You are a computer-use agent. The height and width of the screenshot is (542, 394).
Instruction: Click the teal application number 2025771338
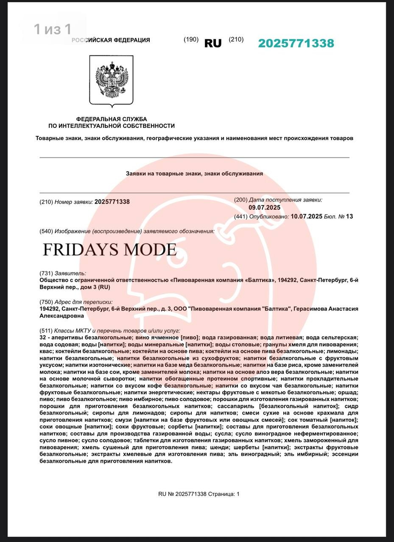296,43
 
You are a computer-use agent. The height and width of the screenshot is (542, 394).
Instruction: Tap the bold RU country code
213,43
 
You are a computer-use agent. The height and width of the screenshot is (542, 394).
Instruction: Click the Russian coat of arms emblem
111,80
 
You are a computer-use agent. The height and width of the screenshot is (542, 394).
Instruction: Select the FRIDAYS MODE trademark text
109,249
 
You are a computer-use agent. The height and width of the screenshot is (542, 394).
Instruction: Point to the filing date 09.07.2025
264,207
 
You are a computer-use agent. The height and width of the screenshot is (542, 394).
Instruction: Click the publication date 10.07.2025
306,216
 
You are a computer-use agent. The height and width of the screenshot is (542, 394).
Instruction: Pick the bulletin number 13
349,216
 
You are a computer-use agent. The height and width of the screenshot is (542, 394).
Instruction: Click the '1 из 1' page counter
53,29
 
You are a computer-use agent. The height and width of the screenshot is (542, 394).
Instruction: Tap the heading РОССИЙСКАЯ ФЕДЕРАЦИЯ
111,40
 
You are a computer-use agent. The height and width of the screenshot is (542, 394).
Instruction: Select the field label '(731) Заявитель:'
62,274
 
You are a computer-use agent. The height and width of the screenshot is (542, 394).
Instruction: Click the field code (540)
46,231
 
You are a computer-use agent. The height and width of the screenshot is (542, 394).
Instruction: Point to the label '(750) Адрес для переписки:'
76,302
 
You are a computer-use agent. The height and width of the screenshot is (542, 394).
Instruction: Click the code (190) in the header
191,39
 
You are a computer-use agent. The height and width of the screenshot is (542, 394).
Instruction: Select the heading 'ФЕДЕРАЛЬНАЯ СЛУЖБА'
111,119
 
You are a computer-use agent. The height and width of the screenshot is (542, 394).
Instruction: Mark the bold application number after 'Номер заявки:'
112,202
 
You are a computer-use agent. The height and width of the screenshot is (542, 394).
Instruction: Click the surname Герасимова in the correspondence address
314,309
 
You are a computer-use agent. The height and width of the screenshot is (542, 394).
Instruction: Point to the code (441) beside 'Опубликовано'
241,216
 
